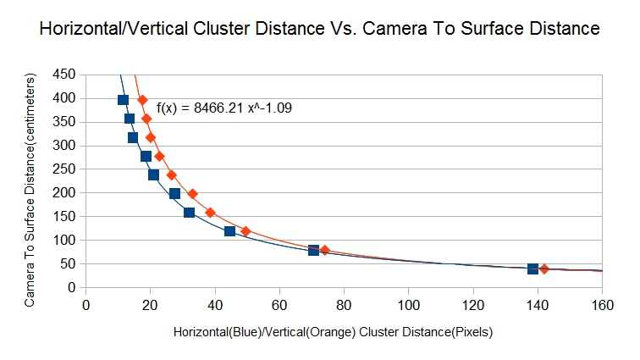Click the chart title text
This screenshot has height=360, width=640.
click(x=320, y=30)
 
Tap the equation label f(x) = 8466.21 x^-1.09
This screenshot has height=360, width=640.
click(x=225, y=108)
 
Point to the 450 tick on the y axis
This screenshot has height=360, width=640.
click(x=64, y=75)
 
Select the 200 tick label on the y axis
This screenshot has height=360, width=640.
click(x=64, y=193)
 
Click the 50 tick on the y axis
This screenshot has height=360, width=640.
click(x=68, y=264)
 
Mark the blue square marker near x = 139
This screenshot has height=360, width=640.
click(x=532, y=269)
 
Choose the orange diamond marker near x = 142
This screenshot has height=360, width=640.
click(x=544, y=269)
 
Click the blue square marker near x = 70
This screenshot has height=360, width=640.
click(x=313, y=250)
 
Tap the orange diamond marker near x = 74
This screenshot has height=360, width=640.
click(x=324, y=250)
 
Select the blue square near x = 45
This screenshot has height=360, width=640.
click(x=229, y=231)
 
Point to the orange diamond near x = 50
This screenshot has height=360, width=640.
click(x=246, y=231)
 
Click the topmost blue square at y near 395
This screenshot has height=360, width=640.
click(x=123, y=100)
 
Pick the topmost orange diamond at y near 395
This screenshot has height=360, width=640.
click(x=142, y=100)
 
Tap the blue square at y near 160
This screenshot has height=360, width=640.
click(x=189, y=213)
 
